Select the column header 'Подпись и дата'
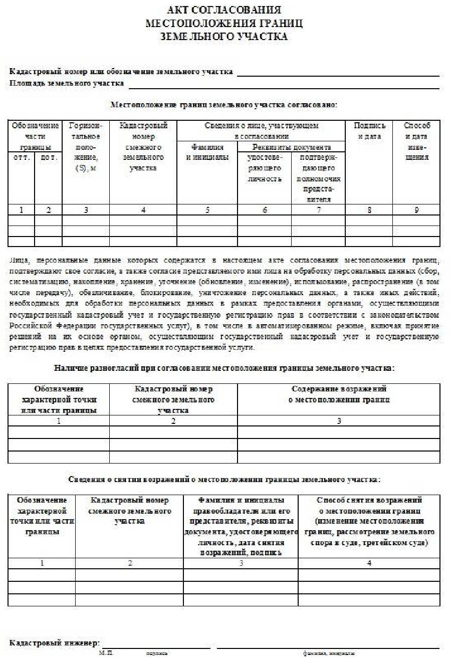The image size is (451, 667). click(x=369, y=131)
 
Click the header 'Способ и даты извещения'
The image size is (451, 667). click(x=416, y=141)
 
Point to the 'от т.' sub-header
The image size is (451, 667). click(x=21, y=157)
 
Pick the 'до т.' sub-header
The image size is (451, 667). click(x=48, y=157)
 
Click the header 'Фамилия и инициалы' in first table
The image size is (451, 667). click(x=207, y=152)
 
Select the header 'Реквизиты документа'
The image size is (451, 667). click(x=291, y=147)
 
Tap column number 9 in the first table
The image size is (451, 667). click(x=416, y=210)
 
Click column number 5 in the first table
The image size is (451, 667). click(x=207, y=210)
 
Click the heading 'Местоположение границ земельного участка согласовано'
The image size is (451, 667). click(x=223, y=105)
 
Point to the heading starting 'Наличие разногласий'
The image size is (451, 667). click(x=223, y=368)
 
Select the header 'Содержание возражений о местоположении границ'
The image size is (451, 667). click(x=339, y=394)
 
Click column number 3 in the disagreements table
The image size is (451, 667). click(x=339, y=421)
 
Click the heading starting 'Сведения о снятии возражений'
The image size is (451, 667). click(x=223, y=479)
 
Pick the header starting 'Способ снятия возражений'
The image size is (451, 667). click(x=369, y=521)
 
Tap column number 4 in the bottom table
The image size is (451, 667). click(x=369, y=563)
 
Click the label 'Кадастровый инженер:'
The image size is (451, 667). click(x=55, y=643)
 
